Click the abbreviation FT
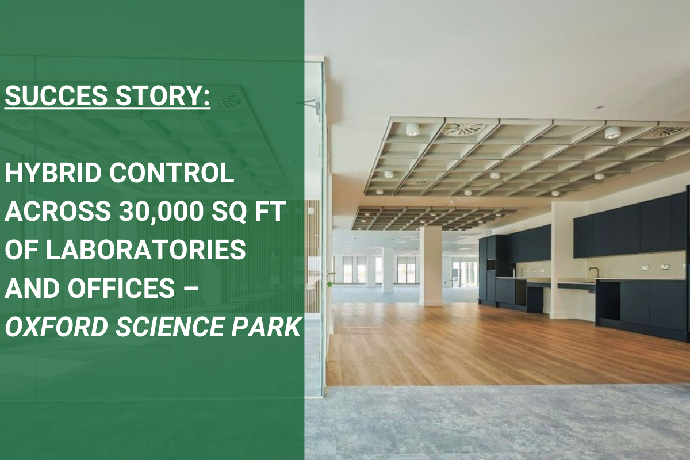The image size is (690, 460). click(x=271, y=213)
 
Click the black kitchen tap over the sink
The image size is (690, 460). click(x=592, y=271)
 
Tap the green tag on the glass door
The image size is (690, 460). click(x=330, y=283)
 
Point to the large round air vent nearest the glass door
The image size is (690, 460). click(x=463, y=129)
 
